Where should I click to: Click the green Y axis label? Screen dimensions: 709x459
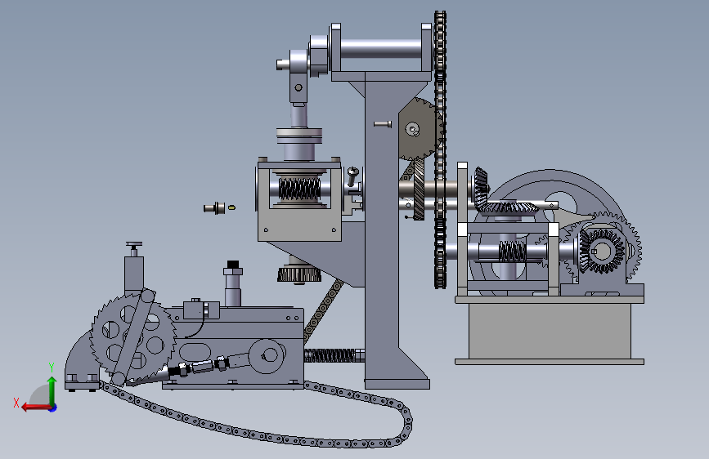tap(52, 368)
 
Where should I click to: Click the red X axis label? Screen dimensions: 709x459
tap(16, 403)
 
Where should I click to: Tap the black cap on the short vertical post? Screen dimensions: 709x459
tap(233, 265)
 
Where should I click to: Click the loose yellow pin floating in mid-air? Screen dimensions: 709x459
tap(231, 207)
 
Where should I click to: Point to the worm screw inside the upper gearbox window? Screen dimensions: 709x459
tap(299, 189)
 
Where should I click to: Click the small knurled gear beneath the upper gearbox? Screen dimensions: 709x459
tap(299, 274)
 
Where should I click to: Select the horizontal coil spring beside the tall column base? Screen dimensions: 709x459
tap(334, 355)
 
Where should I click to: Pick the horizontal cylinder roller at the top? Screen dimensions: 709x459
tap(381, 49)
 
